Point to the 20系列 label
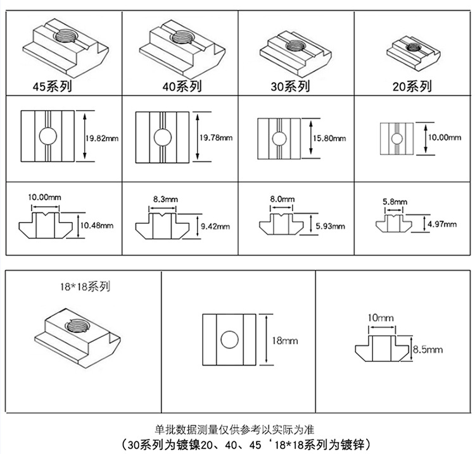coord(412,86)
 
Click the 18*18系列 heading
coord(83,286)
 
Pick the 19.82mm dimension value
coord(102,137)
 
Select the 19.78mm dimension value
coord(216,137)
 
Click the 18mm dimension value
coord(284,340)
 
